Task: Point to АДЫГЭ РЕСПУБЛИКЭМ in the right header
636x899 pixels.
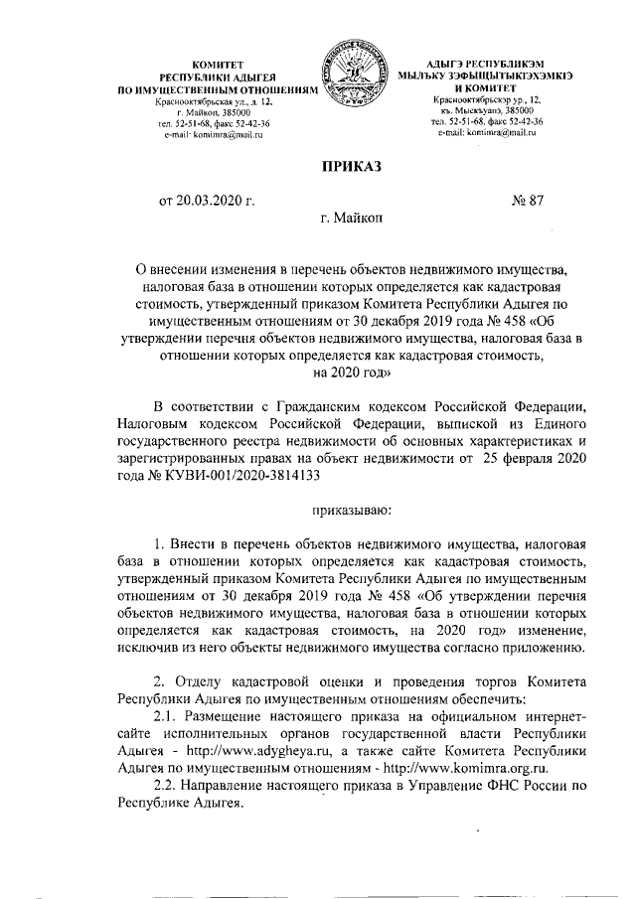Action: pyautogui.click(x=482, y=63)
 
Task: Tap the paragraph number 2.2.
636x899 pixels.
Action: pyautogui.click(x=168, y=786)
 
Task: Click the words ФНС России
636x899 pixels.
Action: pyautogui.click(x=538, y=786)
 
